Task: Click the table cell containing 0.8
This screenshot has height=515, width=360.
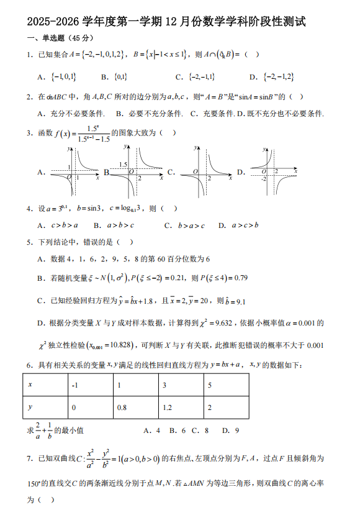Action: click(x=135, y=408)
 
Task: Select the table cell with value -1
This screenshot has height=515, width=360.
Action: click(x=91, y=386)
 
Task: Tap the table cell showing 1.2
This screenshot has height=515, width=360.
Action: click(x=180, y=408)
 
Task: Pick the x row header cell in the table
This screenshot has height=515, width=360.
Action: click(x=45, y=386)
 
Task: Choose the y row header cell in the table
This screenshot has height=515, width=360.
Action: click(x=45, y=408)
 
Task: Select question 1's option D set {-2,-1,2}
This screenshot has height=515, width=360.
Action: click(x=279, y=77)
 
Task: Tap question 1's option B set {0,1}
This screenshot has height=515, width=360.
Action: click(x=120, y=77)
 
